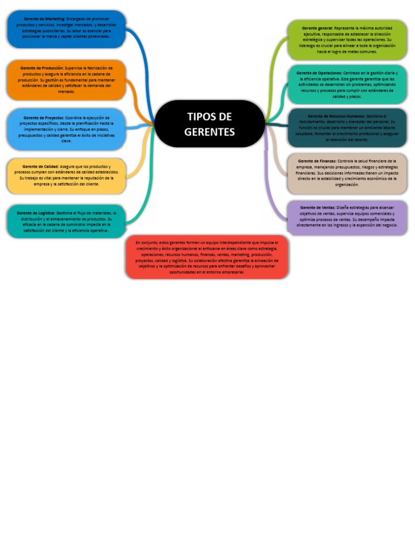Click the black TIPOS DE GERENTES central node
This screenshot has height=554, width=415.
(x=210, y=124)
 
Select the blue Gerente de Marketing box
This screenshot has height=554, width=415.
(x=66, y=29)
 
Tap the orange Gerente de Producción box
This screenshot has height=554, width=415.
(x=66, y=80)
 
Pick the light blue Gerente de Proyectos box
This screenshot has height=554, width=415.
(x=66, y=129)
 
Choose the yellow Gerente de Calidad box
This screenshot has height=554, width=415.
(x=66, y=175)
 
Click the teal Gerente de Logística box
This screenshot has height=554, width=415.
(x=66, y=221)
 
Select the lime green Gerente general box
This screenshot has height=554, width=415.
(x=347, y=39)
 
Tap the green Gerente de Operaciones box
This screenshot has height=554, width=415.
(x=347, y=84)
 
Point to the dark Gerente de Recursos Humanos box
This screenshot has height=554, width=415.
(x=347, y=128)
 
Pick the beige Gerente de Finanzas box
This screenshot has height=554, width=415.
(x=347, y=173)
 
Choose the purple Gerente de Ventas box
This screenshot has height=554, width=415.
(x=347, y=216)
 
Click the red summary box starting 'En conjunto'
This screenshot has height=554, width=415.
(x=207, y=257)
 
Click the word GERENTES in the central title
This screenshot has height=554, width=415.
(x=210, y=132)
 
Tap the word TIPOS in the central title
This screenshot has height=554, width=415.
(x=201, y=117)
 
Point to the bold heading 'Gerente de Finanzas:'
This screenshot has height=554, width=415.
(x=317, y=161)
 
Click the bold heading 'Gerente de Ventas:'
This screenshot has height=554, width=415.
(x=317, y=207)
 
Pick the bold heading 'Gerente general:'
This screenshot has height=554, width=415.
(x=317, y=28)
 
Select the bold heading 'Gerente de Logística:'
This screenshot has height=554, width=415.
(x=36, y=213)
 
